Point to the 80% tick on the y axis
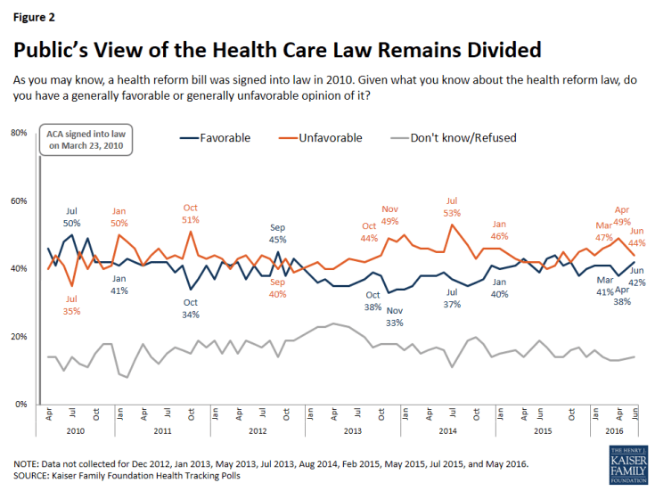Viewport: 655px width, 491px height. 18,133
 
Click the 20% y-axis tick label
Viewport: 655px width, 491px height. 18,337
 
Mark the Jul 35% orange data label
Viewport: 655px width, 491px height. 71,305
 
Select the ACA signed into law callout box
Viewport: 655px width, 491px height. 86,140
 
